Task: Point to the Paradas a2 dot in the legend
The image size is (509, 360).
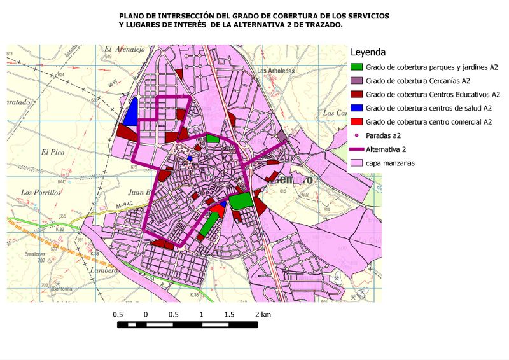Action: (x=358, y=135)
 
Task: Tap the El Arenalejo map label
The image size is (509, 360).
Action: (x=126, y=48)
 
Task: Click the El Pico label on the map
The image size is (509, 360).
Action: (x=53, y=152)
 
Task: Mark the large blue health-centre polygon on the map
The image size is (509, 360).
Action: (x=132, y=114)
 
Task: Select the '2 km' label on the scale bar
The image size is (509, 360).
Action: (x=263, y=315)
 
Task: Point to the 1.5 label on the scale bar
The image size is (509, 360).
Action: (x=229, y=315)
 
